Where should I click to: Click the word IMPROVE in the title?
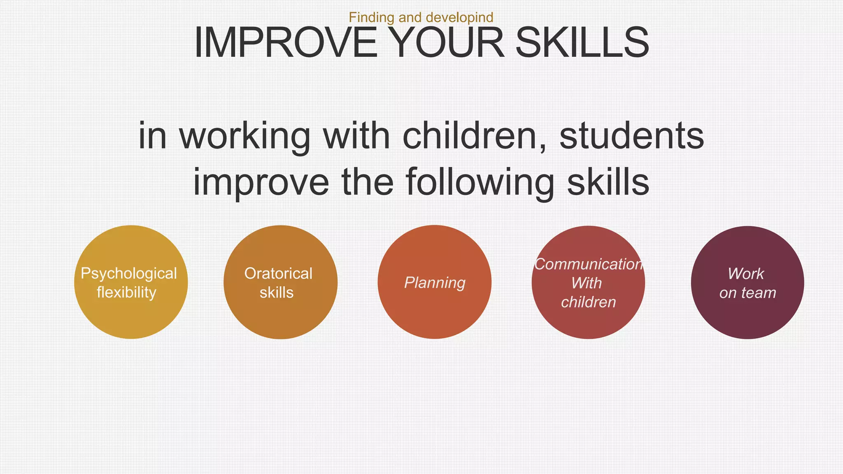(x=285, y=43)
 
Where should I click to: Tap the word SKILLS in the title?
(x=582, y=43)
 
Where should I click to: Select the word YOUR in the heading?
(x=446, y=43)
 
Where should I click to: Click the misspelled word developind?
(x=459, y=18)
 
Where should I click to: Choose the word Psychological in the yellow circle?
(x=129, y=274)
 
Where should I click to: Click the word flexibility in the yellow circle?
(x=126, y=293)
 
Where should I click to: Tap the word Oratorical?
(x=278, y=274)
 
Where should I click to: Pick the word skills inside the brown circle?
(x=277, y=293)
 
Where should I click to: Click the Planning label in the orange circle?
(x=435, y=283)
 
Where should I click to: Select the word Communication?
(x=588, y=264)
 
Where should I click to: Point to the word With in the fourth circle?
(x=587, y=283)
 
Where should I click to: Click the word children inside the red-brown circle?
(x=588, y=302)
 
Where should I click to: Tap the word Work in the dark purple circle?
(x=745, y=274)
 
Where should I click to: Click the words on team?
(x=748, y=293)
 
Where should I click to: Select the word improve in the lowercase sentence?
(x=261, y=183)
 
